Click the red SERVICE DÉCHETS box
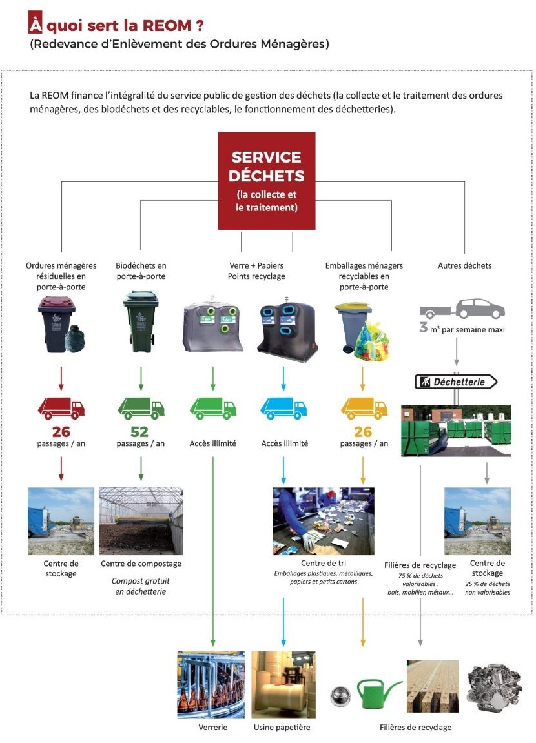point(267,181)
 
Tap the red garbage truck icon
point(61,409)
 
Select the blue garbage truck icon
point(283,409)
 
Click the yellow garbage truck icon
point(364,409)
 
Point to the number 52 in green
point(140,431)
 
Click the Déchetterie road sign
point(457,382)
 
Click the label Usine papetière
point(282,728)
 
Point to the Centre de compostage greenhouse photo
point(141,521)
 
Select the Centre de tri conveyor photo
point(324,521)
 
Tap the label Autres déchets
point(464,265)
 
